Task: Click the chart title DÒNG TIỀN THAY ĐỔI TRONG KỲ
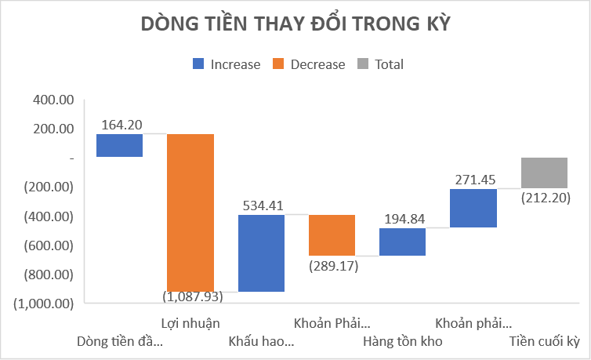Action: [x=295, y=24]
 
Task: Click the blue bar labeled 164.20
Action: [x=119, y=145]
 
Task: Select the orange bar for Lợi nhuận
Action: [x=190, y=213]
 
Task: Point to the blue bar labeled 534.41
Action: [x=261, y=253]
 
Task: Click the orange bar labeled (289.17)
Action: [x=332, y=235]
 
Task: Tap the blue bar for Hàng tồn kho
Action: [x=402, y=242]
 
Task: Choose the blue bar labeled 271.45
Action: [x=473, y=208]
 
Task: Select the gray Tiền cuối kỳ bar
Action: [x=544, y=173]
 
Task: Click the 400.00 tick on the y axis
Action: [x=49, y=100]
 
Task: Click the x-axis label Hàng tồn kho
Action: [x=403, y=341]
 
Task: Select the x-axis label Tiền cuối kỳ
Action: [x=544, y=341]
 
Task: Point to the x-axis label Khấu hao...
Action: [x=261, y=341]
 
